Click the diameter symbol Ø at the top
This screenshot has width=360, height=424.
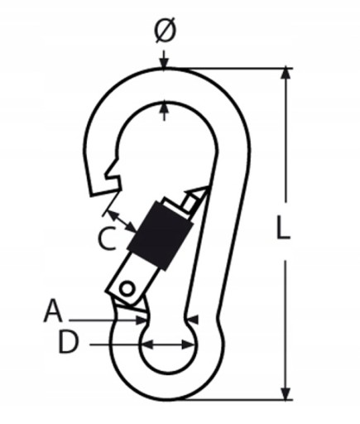165,31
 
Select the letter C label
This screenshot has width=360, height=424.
108,238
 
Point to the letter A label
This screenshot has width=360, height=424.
53,311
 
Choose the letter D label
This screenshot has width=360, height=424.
69,342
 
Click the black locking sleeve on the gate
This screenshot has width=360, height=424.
160,235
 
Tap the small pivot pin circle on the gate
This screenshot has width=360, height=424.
127,289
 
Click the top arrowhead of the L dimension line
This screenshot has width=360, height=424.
286,74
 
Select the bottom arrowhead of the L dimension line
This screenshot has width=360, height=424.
286,393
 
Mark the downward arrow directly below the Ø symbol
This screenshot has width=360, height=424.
165,59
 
